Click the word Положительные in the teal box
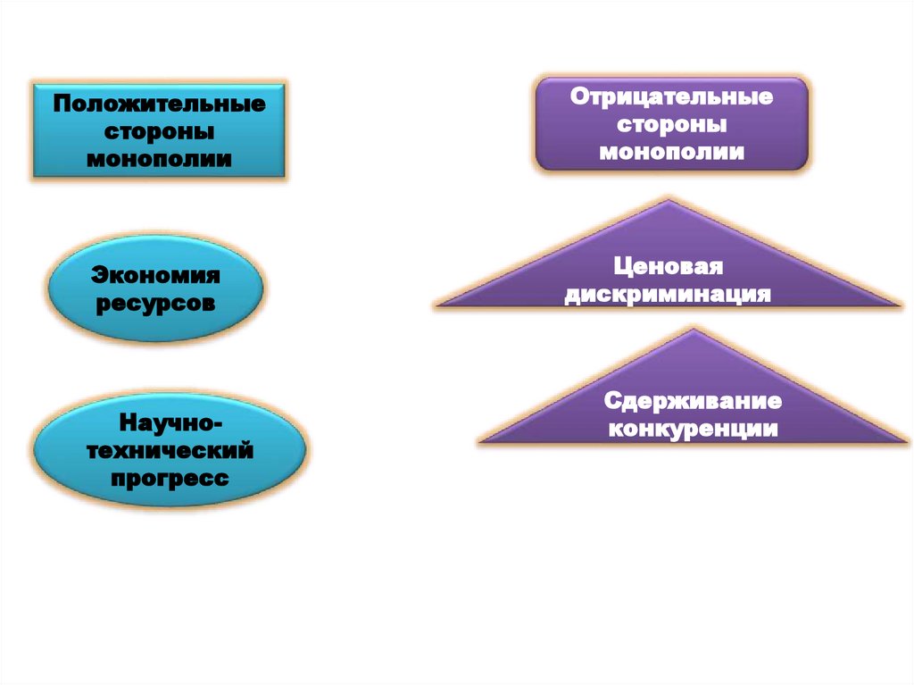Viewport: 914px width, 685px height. pos(159,104)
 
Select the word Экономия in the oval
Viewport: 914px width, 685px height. pos(156,274)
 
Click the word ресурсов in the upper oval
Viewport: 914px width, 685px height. pos(156,303)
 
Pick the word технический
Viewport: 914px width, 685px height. pos(169,450)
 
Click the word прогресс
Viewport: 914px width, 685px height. pos(169,479)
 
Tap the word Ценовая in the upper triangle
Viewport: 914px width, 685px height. pos(667,267)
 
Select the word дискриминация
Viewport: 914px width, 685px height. pos(667,295)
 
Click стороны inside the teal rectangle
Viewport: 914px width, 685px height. pos(159,132)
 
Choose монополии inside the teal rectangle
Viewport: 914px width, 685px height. pos(159,160)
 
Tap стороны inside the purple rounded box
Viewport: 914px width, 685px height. pos(672,123)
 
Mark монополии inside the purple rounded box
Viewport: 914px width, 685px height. pos(672,151)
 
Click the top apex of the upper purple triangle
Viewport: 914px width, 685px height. pos(668,200)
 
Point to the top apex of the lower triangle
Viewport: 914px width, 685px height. pos(694,330)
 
